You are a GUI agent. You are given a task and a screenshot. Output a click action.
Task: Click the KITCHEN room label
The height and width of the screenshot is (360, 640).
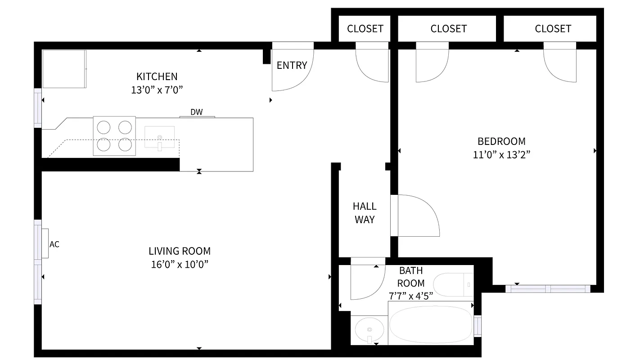[x=157, y=76]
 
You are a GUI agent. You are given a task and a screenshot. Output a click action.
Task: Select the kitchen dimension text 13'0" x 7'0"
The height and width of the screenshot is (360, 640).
[x=157, y=90]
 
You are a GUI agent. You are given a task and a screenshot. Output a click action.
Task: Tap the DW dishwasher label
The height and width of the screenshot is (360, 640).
[x=196, y=112]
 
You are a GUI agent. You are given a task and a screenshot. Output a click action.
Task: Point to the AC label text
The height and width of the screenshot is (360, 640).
[x=54, y=244]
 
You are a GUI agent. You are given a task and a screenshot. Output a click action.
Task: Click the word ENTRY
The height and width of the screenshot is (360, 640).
[x=292, y=65]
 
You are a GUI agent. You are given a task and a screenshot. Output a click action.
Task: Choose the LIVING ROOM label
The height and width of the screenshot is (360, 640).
[x=180, y=251]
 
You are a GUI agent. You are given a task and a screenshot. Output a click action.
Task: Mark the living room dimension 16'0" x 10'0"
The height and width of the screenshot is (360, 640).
[x=180, y=264]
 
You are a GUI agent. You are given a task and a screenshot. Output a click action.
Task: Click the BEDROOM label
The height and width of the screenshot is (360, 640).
[x=501, y=141]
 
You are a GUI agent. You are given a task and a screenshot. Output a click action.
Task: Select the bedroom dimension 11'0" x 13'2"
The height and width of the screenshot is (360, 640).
[x=501, y=155]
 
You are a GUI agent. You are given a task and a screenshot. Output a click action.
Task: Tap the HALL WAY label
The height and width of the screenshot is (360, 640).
[x=365, y=213]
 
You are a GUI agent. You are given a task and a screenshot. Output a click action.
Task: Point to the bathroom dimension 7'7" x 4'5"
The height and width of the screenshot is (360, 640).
[x=410, y=296]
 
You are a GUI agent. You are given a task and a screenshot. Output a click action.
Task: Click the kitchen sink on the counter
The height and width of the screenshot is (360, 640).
[x=159, y=137]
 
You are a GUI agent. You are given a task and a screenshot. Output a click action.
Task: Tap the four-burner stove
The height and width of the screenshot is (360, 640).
[x=114, y=136]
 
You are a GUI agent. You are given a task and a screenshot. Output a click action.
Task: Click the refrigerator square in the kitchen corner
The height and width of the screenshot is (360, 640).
[x=64, y=69]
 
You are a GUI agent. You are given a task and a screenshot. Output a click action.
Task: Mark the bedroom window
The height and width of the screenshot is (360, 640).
[x=548, y=288]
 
